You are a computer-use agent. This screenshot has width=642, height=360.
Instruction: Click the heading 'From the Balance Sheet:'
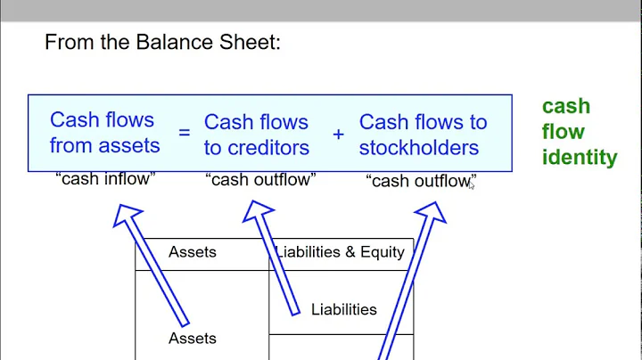pos(162,43)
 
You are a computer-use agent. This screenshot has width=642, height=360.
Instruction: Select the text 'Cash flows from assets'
pos(104,133)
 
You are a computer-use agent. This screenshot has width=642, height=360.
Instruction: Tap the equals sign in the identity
pos(184,134)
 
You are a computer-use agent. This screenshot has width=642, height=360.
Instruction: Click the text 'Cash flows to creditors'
pos(256,135)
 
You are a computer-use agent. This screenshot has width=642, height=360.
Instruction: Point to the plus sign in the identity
pos(338,134)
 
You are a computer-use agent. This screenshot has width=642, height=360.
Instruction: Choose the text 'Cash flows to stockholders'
pos(424,135)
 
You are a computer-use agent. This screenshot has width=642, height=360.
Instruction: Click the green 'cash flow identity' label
pos(579,132)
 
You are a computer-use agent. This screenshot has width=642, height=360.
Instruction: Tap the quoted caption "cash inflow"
pos(105,179)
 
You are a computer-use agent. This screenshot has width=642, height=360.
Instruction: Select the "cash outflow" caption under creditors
pos(260,180)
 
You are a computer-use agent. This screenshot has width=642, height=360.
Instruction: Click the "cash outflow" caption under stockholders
pos(421,181)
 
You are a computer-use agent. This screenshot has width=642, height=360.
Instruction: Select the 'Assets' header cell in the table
pos(193,252)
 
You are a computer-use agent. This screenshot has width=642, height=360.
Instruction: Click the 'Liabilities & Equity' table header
pos(341,252)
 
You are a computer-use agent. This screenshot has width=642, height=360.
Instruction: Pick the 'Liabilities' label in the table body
pos(344,310)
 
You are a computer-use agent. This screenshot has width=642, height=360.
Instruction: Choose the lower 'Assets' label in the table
pos(193,339)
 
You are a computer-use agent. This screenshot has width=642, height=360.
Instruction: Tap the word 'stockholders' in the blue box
pos(419,148)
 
